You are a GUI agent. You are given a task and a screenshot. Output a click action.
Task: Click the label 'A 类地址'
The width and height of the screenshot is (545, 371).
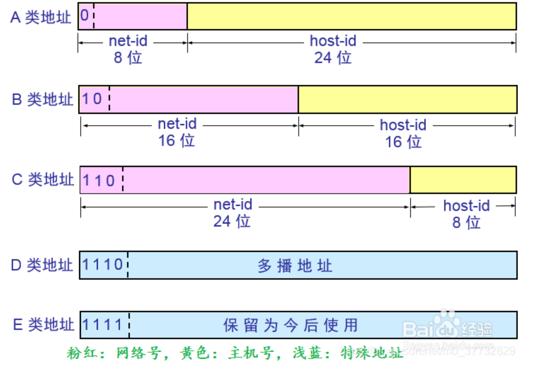click(41, 17)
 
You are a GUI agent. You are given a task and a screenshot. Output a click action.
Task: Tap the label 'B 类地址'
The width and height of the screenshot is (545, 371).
click(42, 99)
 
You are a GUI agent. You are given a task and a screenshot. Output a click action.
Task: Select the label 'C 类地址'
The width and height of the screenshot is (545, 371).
click(43, 179)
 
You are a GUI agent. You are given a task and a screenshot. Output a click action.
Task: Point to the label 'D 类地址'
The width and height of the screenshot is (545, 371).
click(42, 265)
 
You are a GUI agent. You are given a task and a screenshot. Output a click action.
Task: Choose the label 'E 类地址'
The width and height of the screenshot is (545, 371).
click(43, 325)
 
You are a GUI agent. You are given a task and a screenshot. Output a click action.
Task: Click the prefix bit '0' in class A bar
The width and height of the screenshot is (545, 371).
click(85, 16)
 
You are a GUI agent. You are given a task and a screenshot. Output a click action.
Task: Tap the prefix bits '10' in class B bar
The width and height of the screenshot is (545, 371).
click(92, 99)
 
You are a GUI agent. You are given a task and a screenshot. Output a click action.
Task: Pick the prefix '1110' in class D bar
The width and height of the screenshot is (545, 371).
click(103, 265)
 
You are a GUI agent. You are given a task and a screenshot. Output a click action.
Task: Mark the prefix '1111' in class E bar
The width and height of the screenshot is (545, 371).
click(103, 325)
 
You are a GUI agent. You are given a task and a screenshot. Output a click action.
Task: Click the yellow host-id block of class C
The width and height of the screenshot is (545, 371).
click(463, 180)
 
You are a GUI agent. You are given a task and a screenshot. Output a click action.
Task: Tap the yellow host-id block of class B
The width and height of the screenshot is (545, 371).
click(407, 99)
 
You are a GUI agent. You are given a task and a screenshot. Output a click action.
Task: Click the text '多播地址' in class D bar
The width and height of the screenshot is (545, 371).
click(295, 266)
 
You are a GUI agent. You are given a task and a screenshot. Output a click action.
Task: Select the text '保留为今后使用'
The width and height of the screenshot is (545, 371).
click(291, 325)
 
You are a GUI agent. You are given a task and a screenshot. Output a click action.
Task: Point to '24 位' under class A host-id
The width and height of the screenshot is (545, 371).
click(333, 58)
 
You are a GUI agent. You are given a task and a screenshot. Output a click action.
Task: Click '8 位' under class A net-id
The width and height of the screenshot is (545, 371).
click(128, 58)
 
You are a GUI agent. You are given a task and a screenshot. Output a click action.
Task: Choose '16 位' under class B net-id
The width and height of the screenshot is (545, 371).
click(176, 141)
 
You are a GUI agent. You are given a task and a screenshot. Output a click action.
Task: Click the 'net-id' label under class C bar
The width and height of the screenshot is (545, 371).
click(233, 205)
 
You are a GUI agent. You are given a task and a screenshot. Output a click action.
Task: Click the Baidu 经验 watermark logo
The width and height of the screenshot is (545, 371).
click(448, 326)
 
